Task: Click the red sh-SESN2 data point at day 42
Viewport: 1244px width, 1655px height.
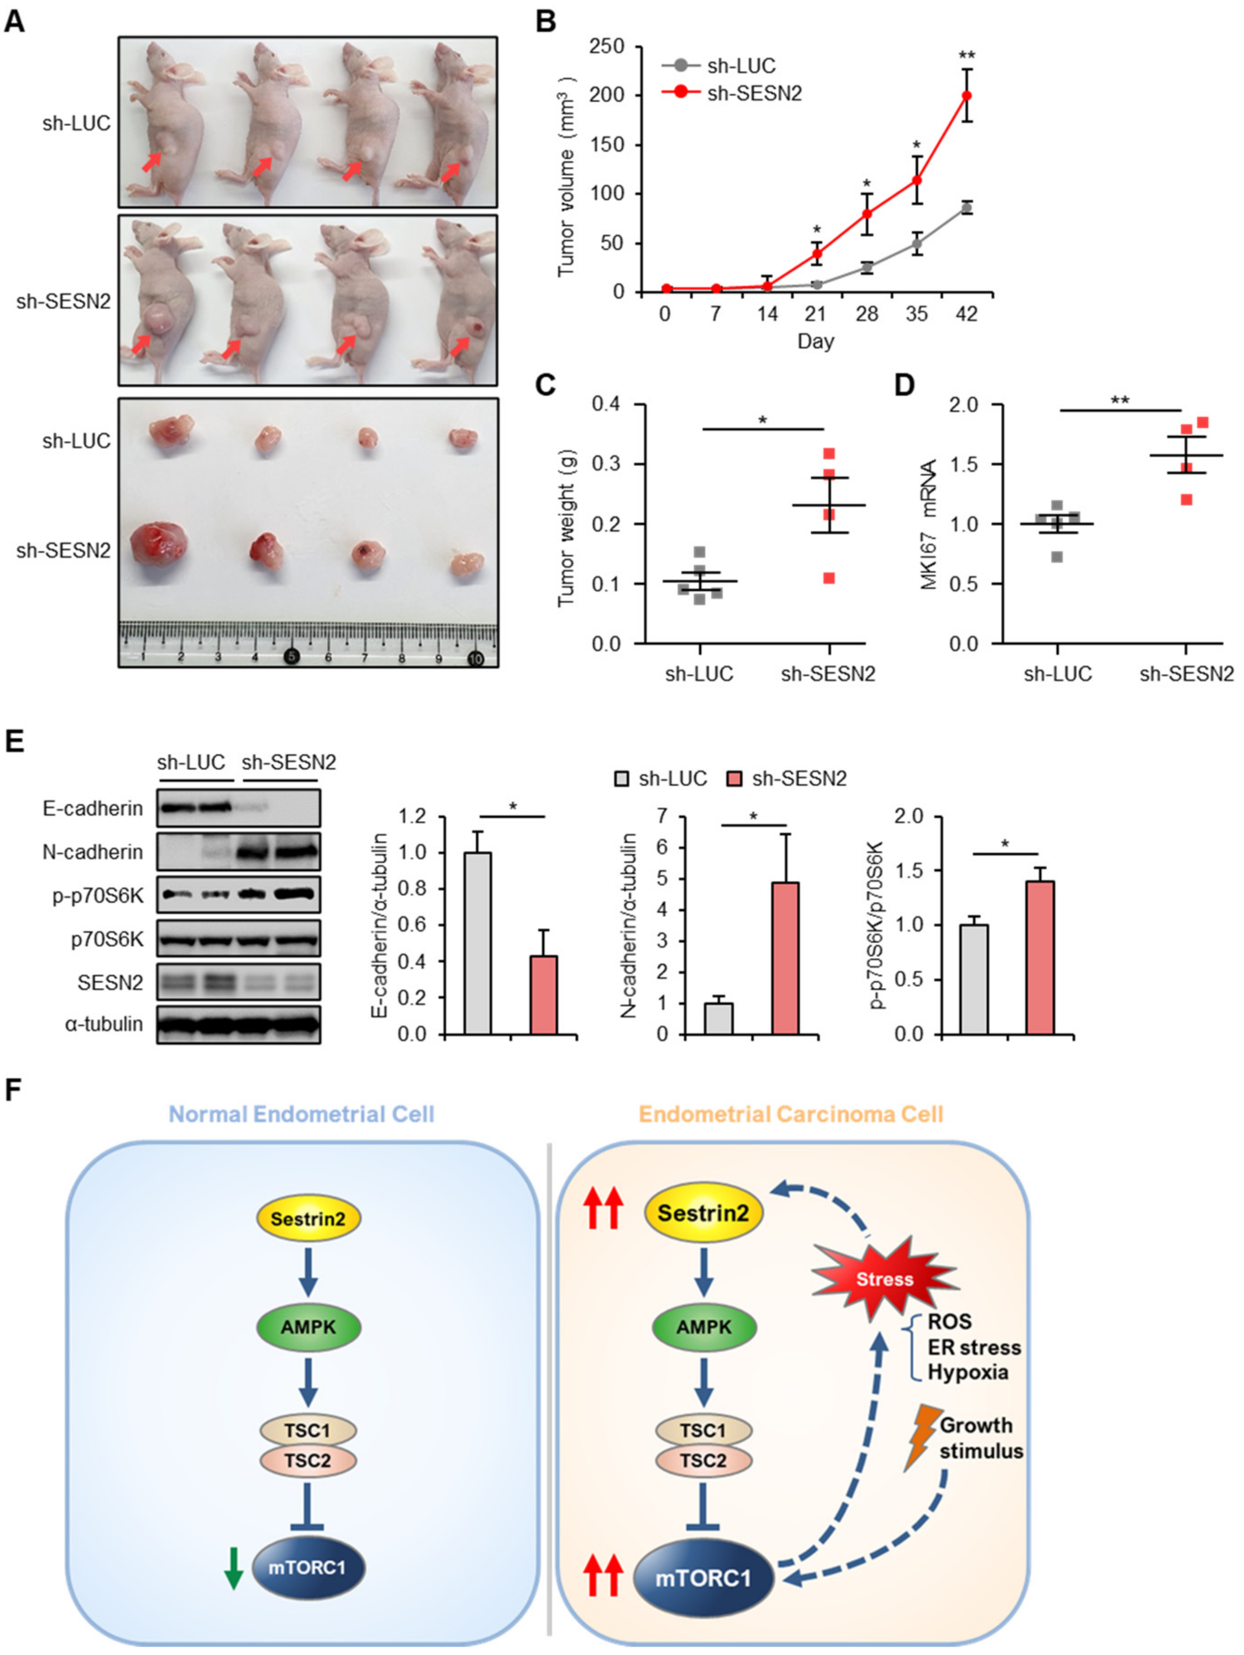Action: tap(966, 96)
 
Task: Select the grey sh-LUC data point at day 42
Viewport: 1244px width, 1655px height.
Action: tap(966, 208)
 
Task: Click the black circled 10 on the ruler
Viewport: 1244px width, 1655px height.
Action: tap(474, 659)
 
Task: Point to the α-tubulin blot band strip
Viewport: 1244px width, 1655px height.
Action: tap(239, 1024)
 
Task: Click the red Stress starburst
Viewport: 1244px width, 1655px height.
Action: tap(885, 1279)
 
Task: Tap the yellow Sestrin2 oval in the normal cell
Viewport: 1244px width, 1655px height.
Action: tap(308, 1219)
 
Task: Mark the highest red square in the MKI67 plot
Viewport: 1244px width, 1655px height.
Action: tap(1203, 423)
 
